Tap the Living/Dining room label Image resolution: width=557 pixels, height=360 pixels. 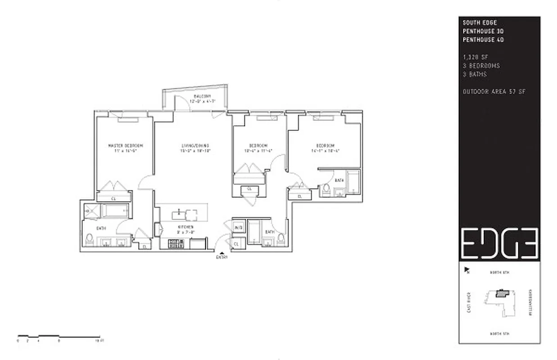(x=195, y=145)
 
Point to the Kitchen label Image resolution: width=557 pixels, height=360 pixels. (x=186, y=226)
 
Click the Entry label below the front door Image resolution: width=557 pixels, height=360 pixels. (x=222, y=257)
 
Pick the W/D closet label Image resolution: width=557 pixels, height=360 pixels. (x=238, y=228)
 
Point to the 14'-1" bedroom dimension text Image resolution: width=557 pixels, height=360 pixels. (x=325, y=151)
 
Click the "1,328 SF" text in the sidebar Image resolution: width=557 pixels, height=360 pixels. (x=475, y=57)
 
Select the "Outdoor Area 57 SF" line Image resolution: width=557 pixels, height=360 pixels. (x=494, y=92)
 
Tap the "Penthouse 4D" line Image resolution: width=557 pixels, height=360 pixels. (x=483, y=40)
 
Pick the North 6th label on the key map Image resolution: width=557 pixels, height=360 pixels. (x=499, y=273)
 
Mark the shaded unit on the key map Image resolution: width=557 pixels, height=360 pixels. (x=500, y=293)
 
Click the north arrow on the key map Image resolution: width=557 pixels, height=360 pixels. (x=466, y=270)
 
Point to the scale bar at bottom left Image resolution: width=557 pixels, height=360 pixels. (x=59, y=336)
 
